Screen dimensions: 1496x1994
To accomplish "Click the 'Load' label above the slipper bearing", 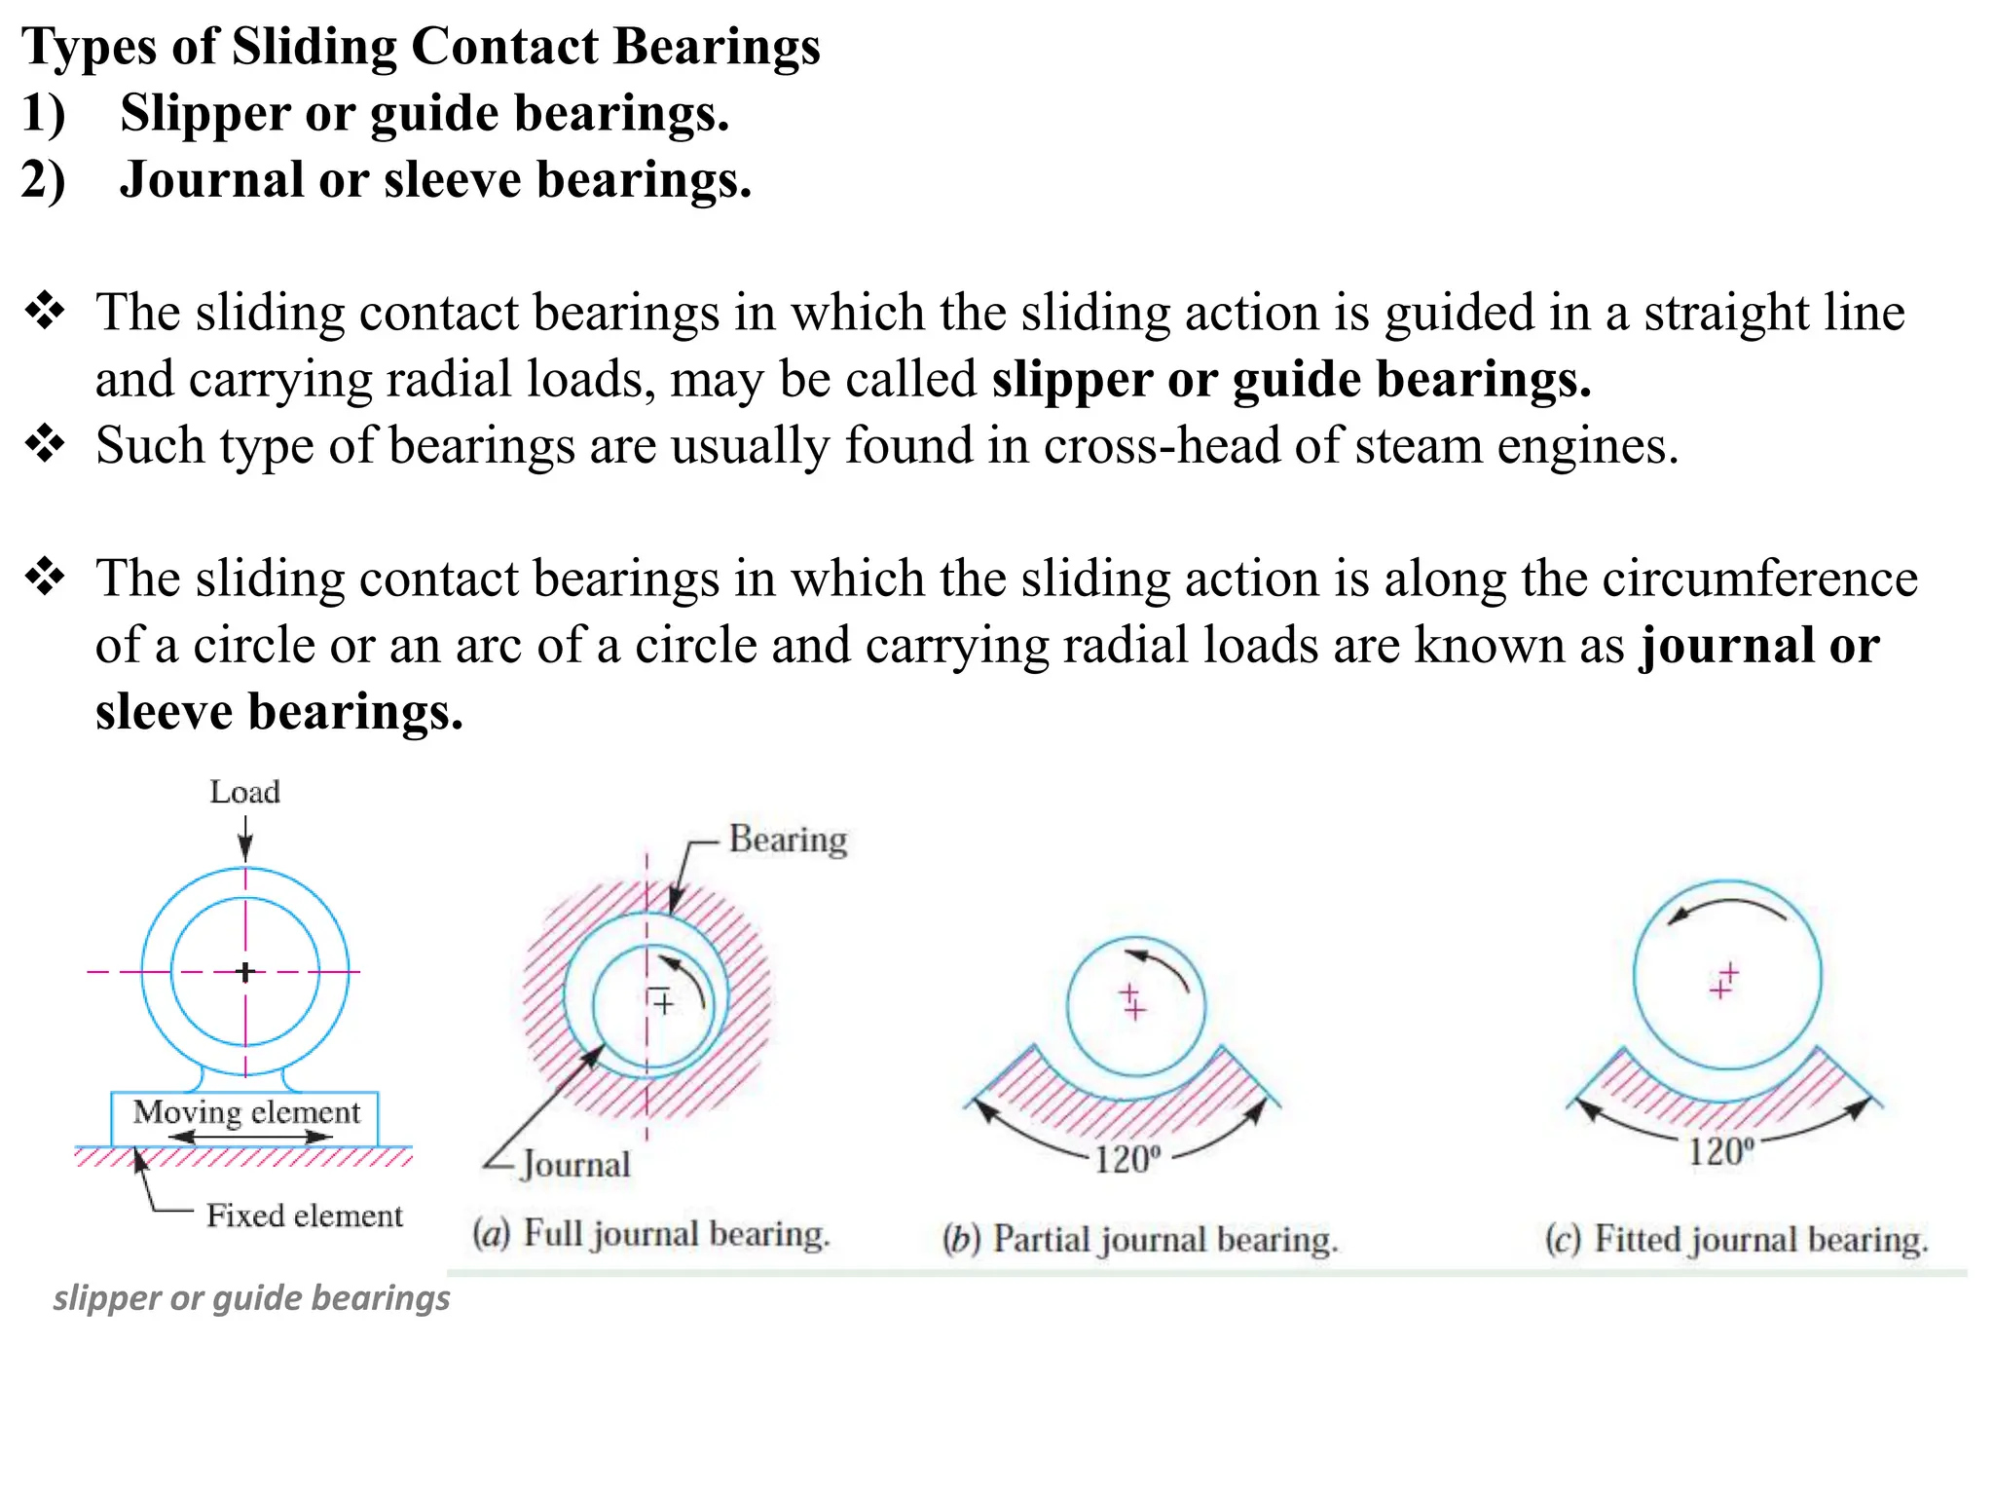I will coord(245,792).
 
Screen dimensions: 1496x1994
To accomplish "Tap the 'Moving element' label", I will coord(246,1111).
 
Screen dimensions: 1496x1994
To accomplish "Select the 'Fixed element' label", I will coord(304,1215).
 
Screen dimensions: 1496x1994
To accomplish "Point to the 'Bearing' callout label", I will coord(788,840).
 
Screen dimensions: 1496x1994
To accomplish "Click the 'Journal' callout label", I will coord(575,1164).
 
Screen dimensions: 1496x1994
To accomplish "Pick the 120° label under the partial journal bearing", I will coord(1126,1160).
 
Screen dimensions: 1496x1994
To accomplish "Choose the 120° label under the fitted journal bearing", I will coord(1720,1152).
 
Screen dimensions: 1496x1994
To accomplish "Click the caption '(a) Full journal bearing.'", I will coord(650,1234).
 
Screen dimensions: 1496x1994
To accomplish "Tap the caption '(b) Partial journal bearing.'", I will coord(1140,1240).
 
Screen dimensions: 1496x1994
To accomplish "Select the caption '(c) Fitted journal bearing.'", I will coord(1736,1240).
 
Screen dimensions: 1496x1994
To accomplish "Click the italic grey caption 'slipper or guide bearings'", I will coord(251,1298).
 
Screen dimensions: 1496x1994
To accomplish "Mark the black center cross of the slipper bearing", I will coord(245,971).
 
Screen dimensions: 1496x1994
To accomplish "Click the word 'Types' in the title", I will coord(89,46).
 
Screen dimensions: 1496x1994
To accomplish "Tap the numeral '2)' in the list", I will coord(44,180).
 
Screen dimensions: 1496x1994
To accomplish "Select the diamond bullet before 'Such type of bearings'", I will coord(45,445).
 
